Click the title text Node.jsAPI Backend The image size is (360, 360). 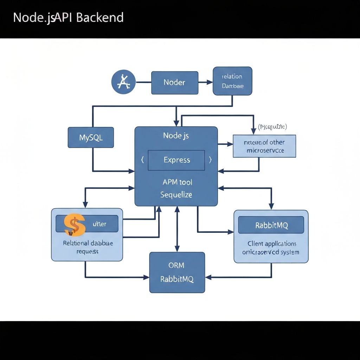pyautogui.click(x=68, y=17)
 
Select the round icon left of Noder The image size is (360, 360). pyautogui.click(x=123, y=82)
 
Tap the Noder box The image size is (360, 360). pyautogui.click(x=174, y=83)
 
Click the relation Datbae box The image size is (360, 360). pyautogui.click(x=232, y=81)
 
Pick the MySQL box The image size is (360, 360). pyautogui.click(x=91, y=137)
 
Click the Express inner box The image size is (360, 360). pyautogui.click(x=176, y=160)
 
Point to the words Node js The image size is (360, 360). pyautogui.click(x=176, y=136)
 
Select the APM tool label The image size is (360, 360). pyautogui.click(x=177, y=182)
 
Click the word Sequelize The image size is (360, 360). pyautogui.click(x=176, y=194)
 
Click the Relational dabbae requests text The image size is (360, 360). pyautogui.click(x=88, y=247)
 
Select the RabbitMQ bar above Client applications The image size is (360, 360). pyautogui.click(x=271, y=225)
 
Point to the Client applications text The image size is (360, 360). pyautogui.click(x=271, y=244)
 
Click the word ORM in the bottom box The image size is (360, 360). pyautogui.click(x=176, y=265)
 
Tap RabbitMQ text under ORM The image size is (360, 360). pyautogui.click(x=177, y=279)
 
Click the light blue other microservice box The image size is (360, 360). pyautogui.click(x=264, y=146)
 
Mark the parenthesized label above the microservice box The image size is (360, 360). pyautogui.click(x=272, y=127)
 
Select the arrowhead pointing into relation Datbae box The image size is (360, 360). pyautogui.click(x=210, y=83)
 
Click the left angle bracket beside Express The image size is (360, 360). pyautogui.click(x=142, y=160)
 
